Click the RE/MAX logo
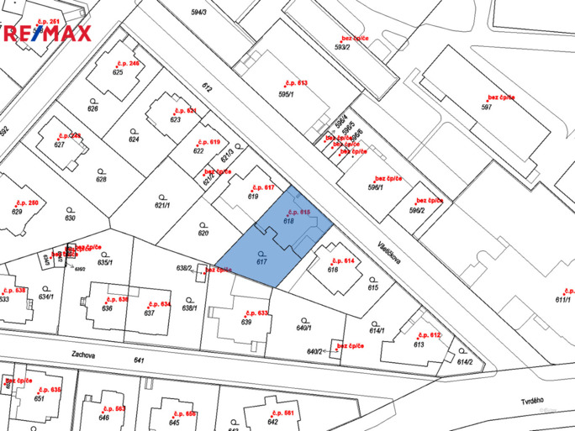coord(46,33)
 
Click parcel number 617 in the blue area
coord(261,262)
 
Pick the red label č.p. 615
coord(299,213)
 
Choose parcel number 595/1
coord(286,95)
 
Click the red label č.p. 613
coord(297,83)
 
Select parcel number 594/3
coord(198,13)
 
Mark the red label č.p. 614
coord(344,261)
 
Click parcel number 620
coord(203,233)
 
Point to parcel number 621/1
coord(162,205)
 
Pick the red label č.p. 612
coord(429,335)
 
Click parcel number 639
coord(246,322)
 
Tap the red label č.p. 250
coord(27,203)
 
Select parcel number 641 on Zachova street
coord(139,361)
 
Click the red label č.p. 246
coord(128,64)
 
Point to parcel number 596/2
coord(416,210)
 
